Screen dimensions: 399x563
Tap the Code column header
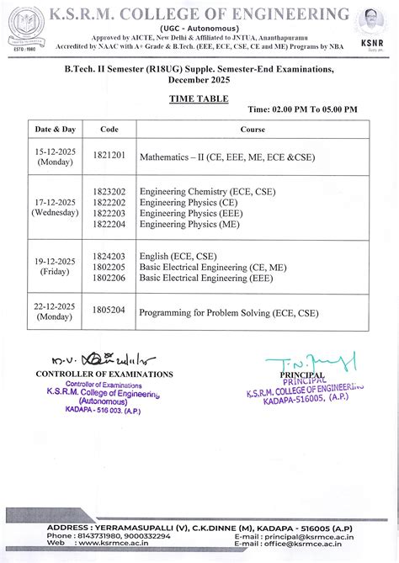(x=109, y=130)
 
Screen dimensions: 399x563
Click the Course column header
(x=253, y=130)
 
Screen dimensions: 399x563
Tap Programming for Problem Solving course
(x=228, y=312)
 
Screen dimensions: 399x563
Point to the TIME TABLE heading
(x=199, y=99)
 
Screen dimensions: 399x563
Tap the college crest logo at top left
(x=22, y=27)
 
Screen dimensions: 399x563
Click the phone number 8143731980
(x=96, y=535)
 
